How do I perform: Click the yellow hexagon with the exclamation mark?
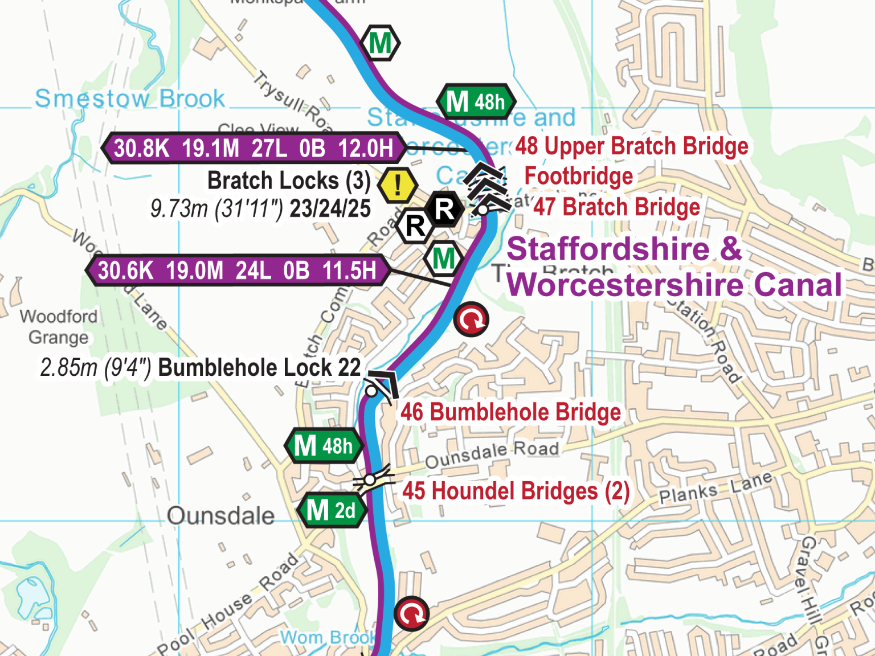click(397, 185)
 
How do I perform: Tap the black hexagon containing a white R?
click(445, 209)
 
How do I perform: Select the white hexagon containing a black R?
click(415, 226)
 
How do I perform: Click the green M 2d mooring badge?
click(332, 510)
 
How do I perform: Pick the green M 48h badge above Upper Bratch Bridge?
click(476, 102)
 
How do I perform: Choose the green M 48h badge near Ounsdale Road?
click(324, 446)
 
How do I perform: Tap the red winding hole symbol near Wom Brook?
click(411, 614)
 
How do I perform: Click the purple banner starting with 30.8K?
click(253, 148)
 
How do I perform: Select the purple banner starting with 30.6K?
click(238, 270)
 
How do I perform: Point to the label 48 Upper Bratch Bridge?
click(631, 146)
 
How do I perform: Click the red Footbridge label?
click(578, 177)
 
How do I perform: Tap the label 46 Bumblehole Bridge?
click(510, 412)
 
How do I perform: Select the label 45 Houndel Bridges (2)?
click(516, 491)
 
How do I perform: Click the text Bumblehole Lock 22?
click(259, 368)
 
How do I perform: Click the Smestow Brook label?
click(130, 99)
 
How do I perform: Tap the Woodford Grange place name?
click(59, 327)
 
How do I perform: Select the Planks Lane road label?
click(715, 489)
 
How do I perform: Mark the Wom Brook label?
click(328, 637)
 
